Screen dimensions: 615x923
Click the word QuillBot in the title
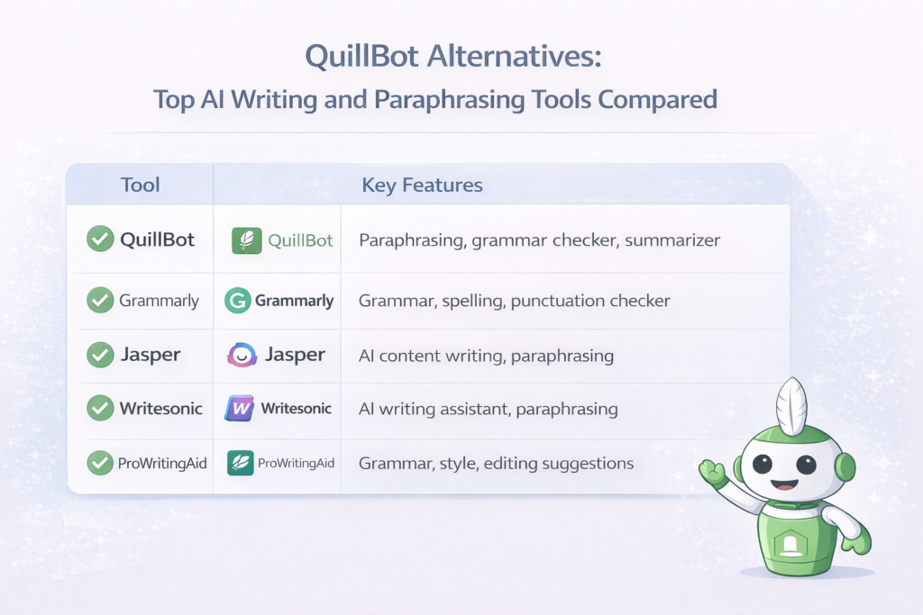(361, 58)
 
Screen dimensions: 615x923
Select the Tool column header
(140, 185)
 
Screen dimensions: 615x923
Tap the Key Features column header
(422, 185)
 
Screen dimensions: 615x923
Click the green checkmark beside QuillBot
(99, 240)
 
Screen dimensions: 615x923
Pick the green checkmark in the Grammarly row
(99, 300)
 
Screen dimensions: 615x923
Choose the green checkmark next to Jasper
(99, 355)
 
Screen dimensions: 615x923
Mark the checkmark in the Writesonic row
(99, 408)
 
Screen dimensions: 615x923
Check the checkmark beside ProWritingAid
(99, 463)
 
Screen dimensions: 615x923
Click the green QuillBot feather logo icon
(246, 240)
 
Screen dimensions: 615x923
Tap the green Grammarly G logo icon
(237, 301)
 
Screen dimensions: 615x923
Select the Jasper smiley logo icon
(242, 355)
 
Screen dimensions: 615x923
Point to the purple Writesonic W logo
(240, 409)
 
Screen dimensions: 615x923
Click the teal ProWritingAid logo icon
(241, 463)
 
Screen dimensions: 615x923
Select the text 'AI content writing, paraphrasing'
(486, 356)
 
